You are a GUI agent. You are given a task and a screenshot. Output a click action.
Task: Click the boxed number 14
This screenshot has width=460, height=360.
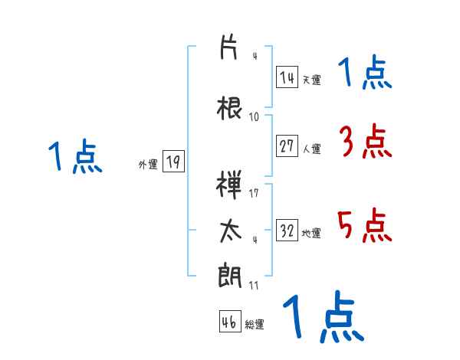(x=287, y=78)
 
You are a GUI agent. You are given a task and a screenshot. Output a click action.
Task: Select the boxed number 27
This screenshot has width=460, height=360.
(x=287, y=147)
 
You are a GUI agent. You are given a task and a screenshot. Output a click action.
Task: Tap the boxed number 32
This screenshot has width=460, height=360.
(x=287, y=231)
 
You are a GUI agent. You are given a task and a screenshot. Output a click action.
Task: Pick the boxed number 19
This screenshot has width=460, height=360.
(x=172, y=162)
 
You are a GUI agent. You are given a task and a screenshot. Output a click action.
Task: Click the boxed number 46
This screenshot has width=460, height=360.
(x=229, y=322)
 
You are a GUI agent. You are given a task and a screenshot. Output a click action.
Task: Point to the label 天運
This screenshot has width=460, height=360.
(x=311, y=80)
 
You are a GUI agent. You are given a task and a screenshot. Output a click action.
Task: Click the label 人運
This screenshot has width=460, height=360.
(x=311, y=149)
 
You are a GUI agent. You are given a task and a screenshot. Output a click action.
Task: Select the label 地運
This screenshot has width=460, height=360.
(x=311, y=233)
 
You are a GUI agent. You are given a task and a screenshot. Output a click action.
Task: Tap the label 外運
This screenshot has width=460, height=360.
(x=148, y=164)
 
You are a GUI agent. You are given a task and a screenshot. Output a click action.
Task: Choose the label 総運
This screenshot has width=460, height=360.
(x=255, y=324)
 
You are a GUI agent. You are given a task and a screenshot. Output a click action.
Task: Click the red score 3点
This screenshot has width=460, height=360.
(x=364, y=141)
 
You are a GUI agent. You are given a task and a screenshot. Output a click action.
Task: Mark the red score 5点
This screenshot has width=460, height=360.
(x=364, y=224)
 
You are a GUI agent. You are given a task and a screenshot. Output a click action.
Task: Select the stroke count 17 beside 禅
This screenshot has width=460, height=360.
(x=255, y=192)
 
